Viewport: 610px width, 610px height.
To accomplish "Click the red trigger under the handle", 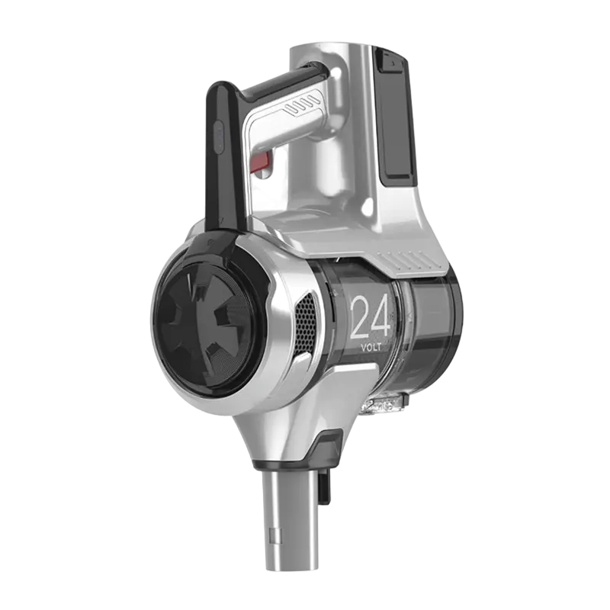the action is coord(261,162).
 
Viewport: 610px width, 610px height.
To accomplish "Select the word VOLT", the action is coord(371,347).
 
